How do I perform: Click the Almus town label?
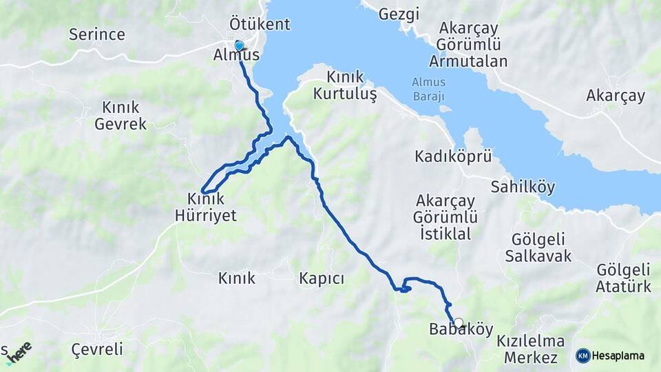tap(237, 55)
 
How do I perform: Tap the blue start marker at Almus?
tap(239, 45)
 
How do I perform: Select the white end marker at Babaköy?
tap(458, 322)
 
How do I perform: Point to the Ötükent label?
tap(260, 24)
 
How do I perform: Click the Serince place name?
tap(97, 34)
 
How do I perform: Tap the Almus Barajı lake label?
tap(428, 87)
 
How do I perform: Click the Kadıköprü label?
tap(453, 156)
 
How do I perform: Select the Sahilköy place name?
tap(523, 187)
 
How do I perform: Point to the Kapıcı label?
tap(322, 278)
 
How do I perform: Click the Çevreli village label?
tap(97, 349)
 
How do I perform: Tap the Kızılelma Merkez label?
tap(530, 349)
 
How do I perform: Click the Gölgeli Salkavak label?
tap(538, 248)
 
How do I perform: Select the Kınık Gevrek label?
tap(120, 116)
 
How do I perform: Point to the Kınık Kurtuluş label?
tap(345, 85)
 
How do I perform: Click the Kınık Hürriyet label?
tap(211, 207)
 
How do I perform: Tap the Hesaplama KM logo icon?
tap(583, 355)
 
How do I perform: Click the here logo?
tap(19, 352)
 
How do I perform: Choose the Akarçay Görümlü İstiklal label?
tap(444, 217)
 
